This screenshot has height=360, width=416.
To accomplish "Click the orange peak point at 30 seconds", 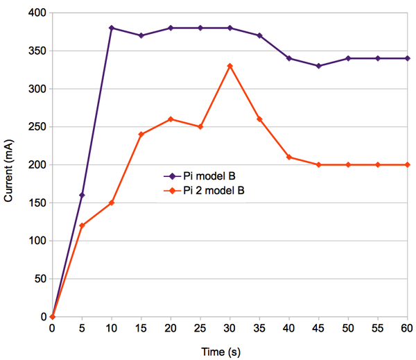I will (x=229, y=66).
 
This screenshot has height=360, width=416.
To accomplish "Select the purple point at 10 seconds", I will (x=112, y=28).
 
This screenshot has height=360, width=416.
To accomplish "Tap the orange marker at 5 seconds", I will (x=82, y=225).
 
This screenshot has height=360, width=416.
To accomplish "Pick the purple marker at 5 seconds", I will (x=82, y=195).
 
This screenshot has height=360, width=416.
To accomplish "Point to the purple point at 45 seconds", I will (x=318, y=66).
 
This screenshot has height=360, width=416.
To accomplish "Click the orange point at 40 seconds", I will (x=288, y=157).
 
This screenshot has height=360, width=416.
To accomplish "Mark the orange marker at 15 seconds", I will (x=141, y=134).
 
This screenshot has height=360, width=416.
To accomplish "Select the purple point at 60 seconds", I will (x=407, y=58).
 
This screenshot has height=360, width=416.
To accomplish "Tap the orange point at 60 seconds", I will (x=407, y=164).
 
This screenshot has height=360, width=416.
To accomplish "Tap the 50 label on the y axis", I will (x=40, y=279).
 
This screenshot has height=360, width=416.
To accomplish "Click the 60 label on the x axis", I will (x=407, y=328).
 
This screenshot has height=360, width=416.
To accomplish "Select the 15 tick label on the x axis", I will (x=141, y=328).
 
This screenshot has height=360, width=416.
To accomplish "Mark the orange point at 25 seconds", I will (x=200, y=126).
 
